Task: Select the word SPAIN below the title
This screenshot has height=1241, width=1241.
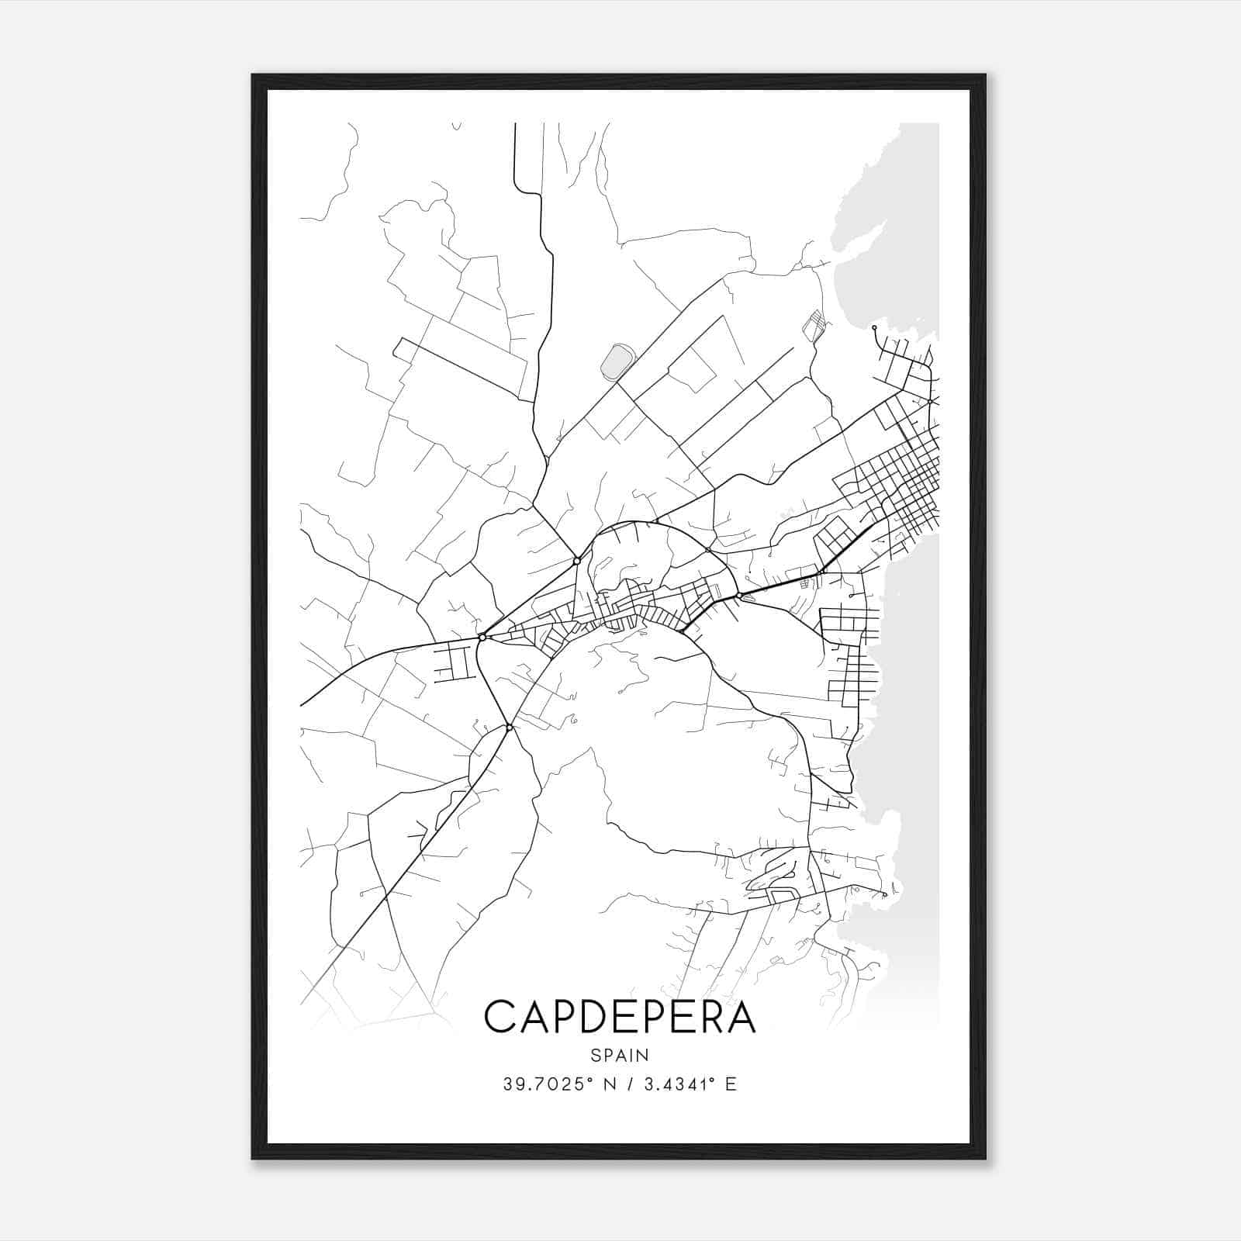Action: pos(620,1056)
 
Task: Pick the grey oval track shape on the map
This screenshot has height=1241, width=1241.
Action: pos(618,361)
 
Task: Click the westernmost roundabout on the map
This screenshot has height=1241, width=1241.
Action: pos(482,637)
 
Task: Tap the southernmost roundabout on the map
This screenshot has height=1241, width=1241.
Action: pos(509,728)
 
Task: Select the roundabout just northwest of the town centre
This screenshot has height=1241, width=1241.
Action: pos(576,560)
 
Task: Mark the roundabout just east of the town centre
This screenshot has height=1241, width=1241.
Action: pos(739,596)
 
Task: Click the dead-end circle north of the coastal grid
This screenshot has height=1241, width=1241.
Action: pos(874,328)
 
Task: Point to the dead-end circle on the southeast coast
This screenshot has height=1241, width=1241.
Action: pos(884,894)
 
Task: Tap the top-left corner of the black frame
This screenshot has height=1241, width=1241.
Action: pos(253,75)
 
